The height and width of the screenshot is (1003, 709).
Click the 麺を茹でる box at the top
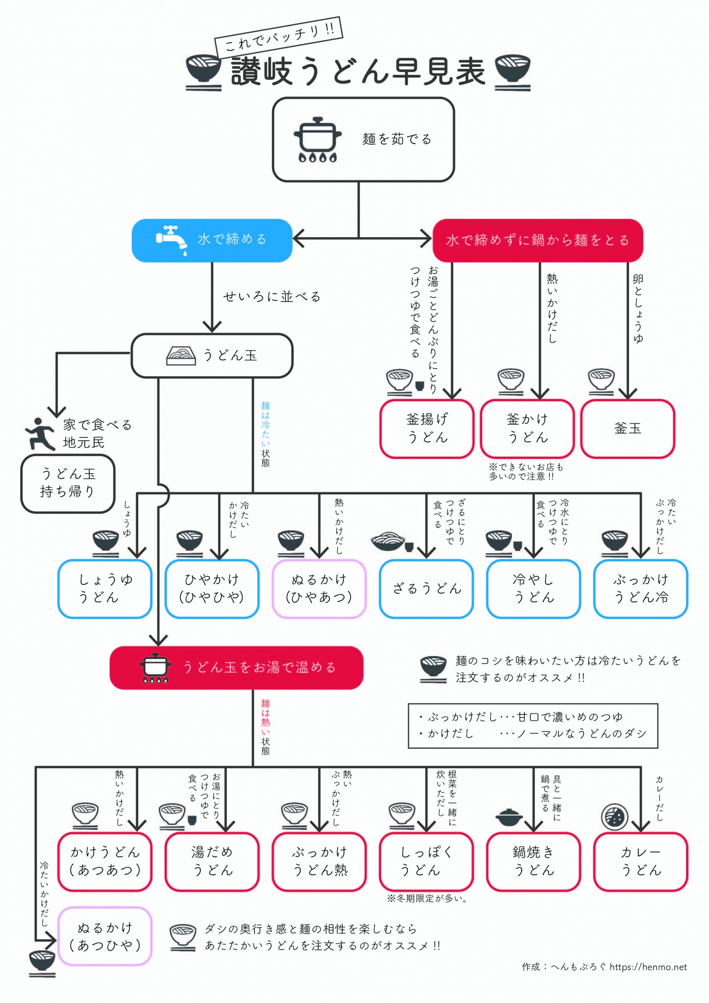click(363, 140)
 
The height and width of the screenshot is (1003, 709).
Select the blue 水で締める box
click(212, 240)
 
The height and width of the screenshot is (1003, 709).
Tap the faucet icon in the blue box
click(172, 239)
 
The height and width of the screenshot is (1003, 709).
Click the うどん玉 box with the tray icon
click(212, 356)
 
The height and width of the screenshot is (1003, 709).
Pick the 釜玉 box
click(627, 429)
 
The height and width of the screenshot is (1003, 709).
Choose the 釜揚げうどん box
click(427, 429)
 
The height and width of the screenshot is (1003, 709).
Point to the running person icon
click(41, 434)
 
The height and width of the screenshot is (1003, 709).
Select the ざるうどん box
click(426, 589)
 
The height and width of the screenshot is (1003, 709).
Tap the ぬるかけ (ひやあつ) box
click(319, 589)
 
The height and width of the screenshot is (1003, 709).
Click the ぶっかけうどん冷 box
click(641, 589)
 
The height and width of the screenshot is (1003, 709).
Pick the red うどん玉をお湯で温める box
click(237, 668)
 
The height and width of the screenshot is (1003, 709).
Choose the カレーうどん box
click(641, 862)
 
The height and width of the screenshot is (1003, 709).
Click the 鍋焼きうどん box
click(534, 862)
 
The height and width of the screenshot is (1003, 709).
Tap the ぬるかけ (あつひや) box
click(105, 937)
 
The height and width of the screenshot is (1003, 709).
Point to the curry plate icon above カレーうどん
click(614, 817)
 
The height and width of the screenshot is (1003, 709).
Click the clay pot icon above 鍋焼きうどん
click(509, 817)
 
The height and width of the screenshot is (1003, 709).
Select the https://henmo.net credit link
click(648, 967)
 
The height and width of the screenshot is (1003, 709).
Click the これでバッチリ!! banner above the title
click(279, 36)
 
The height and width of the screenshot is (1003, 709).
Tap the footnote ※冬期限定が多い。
click(427, 899)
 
